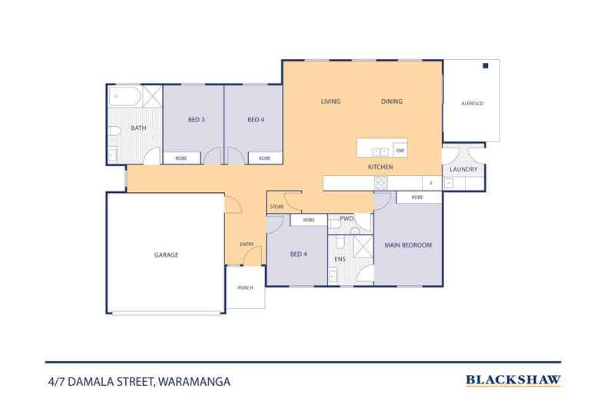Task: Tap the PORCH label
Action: coord(245,288)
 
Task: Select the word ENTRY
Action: coord(247,244)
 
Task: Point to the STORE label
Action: coord(277,207)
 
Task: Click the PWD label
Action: coord(347,220)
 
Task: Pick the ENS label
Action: coord(340,259)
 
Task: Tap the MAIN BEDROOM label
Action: coord(408,245)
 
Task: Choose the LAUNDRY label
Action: coord(463,169)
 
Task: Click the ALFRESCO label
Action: coord(472,103)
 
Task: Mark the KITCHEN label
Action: coord(380,167)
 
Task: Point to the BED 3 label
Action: coord(196,120)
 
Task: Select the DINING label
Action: coord(392,101)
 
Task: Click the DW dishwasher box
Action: coord(400,150)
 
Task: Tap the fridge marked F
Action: coord(431,183)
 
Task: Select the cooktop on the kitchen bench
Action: coord(380,183)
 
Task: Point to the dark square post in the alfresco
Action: coord(486,67)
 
